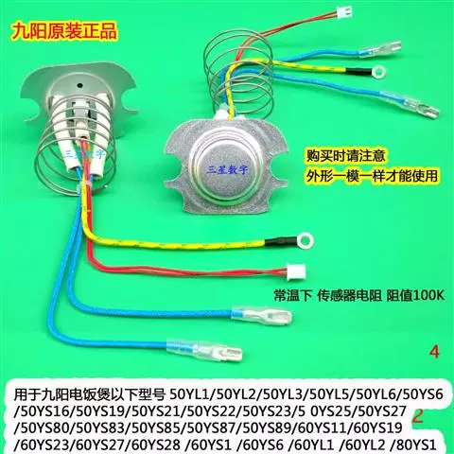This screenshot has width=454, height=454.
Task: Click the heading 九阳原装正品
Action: click(x=64, y=31)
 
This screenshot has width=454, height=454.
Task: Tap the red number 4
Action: click(x=434, y=352)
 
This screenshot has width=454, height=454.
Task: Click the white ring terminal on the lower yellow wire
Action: click(x=306, y=241)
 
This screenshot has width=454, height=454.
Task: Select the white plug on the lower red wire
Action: click(x=295, y=270)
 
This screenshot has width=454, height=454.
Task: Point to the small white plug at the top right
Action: click(x=343, y=12)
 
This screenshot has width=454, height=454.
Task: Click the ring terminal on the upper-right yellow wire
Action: click(x=378, y=72)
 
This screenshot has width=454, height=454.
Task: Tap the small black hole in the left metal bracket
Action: click(x=80, y=85)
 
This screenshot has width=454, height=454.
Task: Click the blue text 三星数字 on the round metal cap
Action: click(x=227, y=169)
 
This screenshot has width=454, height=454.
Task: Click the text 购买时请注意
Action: click(x=345, y=156)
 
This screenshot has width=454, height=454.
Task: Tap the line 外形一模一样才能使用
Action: click(x=372, y=175)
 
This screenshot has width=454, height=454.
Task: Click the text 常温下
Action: click(x=292, y=296)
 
